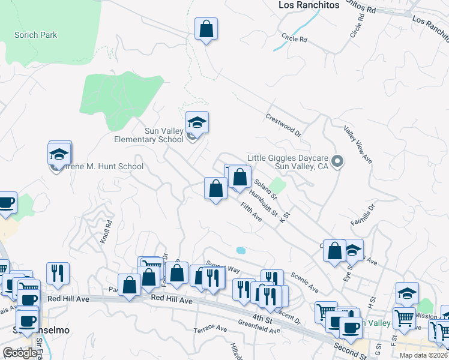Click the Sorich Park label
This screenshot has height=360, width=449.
(x=35, y=35)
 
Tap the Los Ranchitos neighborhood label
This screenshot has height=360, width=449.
(x=309, y=5)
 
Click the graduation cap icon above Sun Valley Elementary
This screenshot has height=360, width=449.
(x=197, y=123)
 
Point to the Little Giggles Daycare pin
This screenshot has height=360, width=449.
(x=337, y=160)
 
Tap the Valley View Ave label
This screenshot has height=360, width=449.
(x=358, y=145)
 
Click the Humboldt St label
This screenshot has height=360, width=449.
(x=264, y=203)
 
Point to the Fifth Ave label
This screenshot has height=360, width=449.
(x=251, y=212)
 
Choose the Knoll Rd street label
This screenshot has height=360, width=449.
(x=107, y=230)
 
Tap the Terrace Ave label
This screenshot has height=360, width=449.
(x=210, y=329)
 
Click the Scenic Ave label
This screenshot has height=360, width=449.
(x=304, y=282)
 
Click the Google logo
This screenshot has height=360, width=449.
(x=20, y=353)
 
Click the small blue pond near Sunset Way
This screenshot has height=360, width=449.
(x=241, y=250)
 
